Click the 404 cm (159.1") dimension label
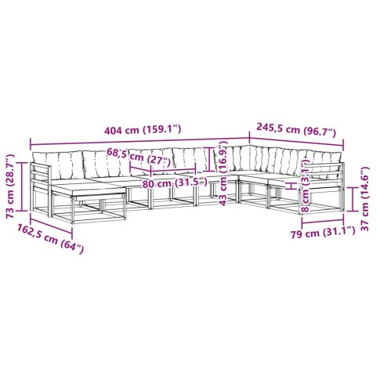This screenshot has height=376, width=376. pos(143,130)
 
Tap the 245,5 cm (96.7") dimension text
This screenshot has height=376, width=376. pos(296,130)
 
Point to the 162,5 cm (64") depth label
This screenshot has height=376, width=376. pos(51,238)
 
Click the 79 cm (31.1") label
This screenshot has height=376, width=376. pos(323,232)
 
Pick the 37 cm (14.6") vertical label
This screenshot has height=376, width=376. pos(365,198)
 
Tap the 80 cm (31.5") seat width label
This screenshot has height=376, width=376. pos(174,183)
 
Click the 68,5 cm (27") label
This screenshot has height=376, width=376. pos(139,155)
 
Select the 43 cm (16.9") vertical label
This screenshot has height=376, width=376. pos(224,173)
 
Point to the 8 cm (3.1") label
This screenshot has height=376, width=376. pos(305,186)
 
